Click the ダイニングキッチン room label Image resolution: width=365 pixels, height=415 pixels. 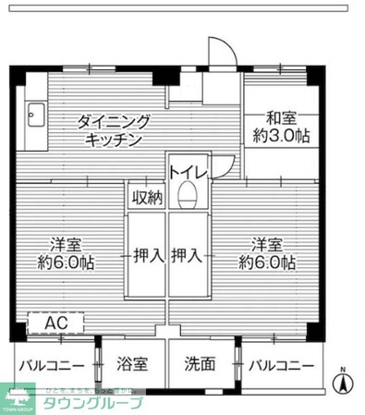(116, 131)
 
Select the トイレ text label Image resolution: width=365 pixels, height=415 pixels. (187, 168)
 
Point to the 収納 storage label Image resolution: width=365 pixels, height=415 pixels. (146, 196)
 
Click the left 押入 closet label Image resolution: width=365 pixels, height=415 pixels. (146, 254)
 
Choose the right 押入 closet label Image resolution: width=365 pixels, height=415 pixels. (189, 254)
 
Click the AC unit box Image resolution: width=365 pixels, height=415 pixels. (55, 324)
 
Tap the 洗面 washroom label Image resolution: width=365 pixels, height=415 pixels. (200, 364)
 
